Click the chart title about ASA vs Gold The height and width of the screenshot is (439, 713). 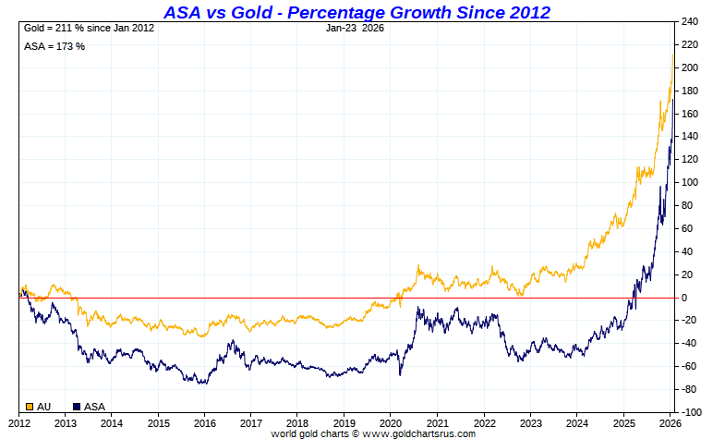356,12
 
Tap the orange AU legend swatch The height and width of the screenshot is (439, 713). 30,406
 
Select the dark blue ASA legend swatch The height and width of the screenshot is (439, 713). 77,406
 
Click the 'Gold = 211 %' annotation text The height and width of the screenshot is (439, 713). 89,29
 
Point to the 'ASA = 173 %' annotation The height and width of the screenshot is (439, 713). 54,45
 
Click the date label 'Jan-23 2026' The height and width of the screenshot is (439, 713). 356,29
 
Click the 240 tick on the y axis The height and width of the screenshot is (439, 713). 690,21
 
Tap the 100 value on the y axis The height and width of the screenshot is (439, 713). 690,182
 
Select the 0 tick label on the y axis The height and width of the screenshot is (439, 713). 684,298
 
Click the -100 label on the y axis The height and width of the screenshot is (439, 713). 692,412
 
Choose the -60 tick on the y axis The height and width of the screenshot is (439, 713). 689,366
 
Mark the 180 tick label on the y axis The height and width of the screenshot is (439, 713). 690,91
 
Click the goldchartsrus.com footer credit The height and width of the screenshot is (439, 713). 372,433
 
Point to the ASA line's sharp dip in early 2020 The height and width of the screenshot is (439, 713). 400,373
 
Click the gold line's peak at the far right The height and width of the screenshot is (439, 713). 672,55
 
